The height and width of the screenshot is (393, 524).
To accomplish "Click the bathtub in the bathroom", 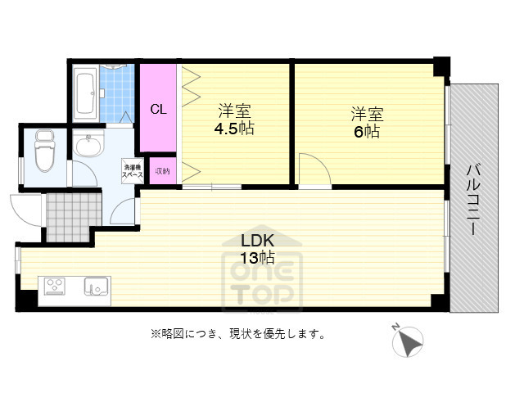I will point(84,94).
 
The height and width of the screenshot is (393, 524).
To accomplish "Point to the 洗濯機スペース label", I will point(133,170).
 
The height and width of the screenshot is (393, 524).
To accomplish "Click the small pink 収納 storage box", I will point(162,171).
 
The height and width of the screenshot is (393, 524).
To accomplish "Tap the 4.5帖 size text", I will point(233,129).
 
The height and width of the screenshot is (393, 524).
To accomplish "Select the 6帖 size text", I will point(367,132).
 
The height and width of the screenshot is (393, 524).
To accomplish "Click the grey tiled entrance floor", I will point(72,215).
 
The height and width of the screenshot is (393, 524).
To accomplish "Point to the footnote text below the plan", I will point(237,334).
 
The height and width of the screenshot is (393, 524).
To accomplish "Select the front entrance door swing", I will point(27,209).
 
